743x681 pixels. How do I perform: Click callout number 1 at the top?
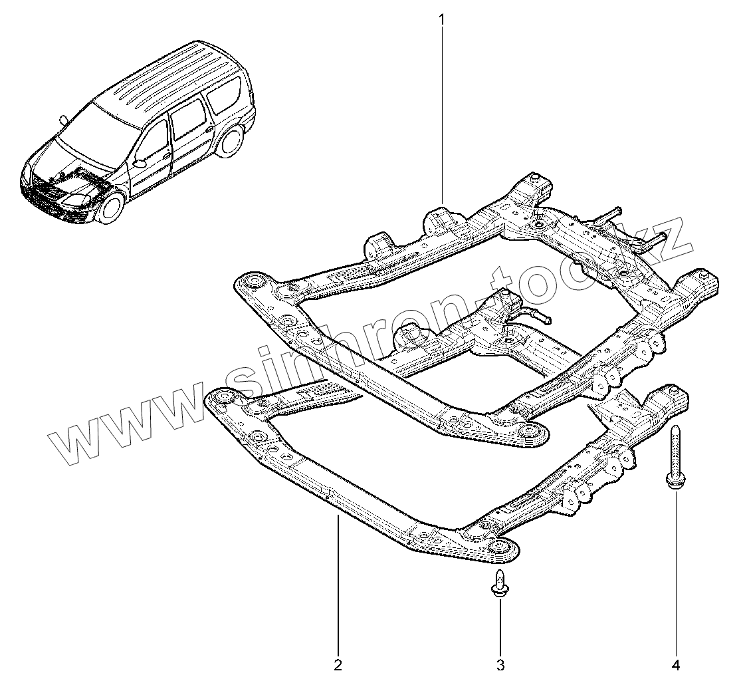point(441,19)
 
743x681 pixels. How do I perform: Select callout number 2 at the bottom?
point(338,664)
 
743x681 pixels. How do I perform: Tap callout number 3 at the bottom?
point(500,664)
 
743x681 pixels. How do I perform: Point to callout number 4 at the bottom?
point(676,664)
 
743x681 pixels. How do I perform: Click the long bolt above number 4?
point(675,460)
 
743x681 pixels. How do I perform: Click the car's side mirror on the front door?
point(140,162)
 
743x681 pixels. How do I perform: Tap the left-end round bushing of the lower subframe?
point(223,400)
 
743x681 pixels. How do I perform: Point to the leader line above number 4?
point(676,572)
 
